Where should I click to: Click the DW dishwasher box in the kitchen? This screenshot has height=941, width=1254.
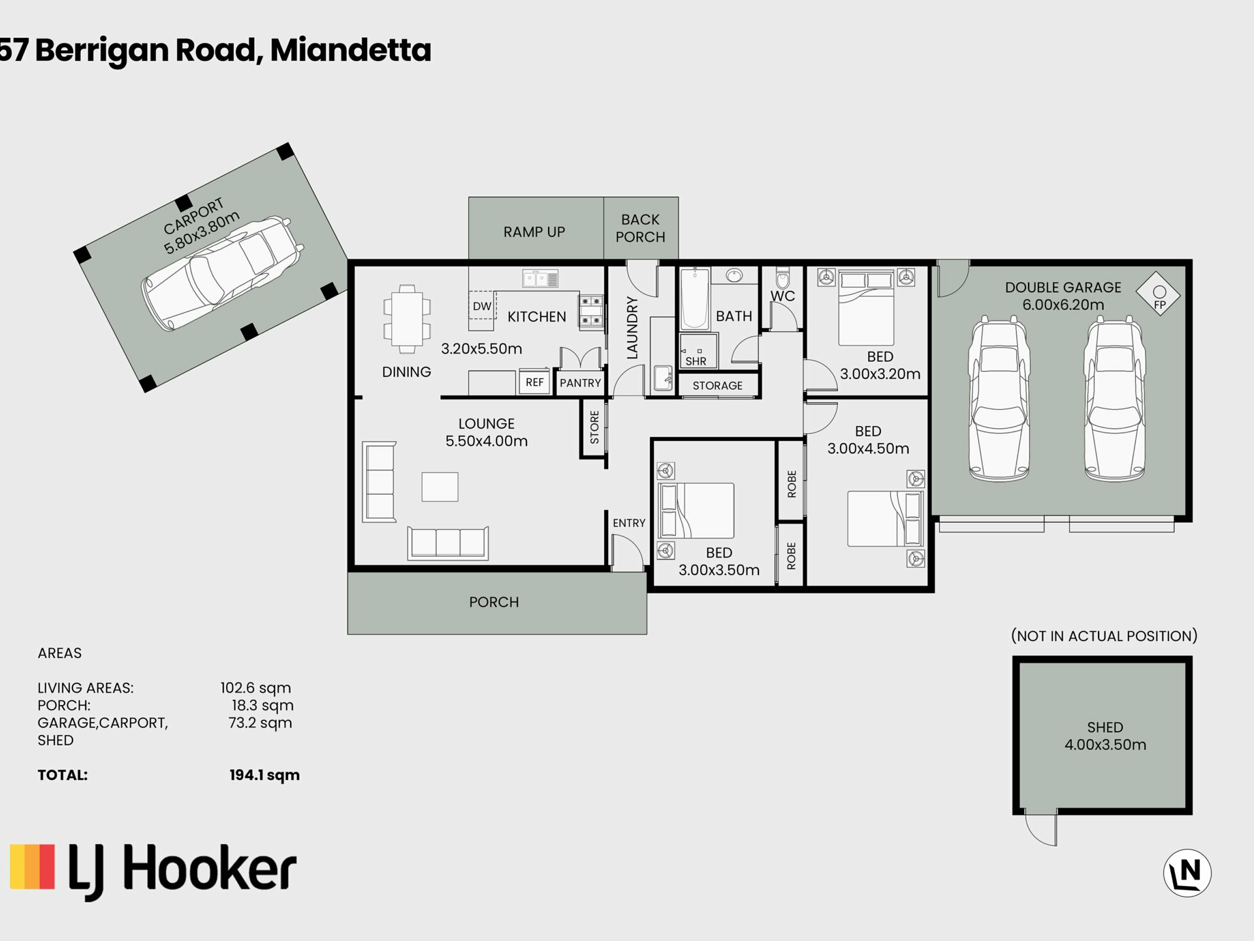click(x=482, y=305)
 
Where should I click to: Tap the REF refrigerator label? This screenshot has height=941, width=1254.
click(x=535, y=382)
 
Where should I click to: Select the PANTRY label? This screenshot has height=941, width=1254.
click(x=580, y=383)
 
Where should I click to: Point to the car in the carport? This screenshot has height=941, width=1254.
click(x=223, y=273)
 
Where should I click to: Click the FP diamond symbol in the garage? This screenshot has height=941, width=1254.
click(x=1159, y=294)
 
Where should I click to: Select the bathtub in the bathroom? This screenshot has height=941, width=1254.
click(x=695, y=299)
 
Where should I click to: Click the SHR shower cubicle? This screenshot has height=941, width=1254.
click(x=698, y=351)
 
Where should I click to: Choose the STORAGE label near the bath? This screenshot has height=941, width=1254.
click(x=717, y=386)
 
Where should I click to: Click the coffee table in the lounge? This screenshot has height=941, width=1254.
click(x=440, y=487)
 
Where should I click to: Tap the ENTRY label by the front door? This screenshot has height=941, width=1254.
click(x=629, y=523)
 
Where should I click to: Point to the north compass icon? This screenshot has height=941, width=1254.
click(x=1187, y=872)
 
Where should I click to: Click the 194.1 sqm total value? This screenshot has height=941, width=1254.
click(x=265, y=775)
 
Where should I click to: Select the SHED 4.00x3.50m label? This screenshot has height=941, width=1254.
click(x=1105, y=736)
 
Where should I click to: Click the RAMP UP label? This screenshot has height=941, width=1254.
click(x=534, y=232)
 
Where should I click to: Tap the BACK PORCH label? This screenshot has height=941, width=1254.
click(x=640, y=228)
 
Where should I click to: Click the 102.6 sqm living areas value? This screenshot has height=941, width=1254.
click(x=255, y=687)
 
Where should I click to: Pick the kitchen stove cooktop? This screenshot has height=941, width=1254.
click(x=590, y=311)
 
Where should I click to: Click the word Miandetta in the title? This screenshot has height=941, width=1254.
click(x=351, y=50)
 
